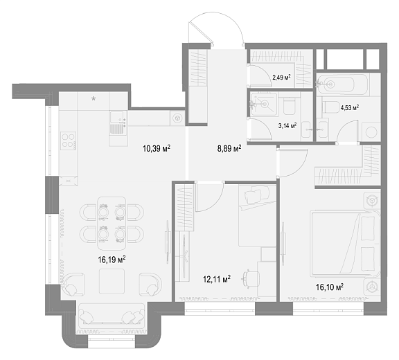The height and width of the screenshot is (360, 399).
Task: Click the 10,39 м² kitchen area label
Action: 157,148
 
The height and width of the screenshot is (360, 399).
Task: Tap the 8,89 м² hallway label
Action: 229,148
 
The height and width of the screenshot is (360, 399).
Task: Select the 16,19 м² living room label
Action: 112,260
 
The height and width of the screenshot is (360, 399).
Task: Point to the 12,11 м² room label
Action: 217,279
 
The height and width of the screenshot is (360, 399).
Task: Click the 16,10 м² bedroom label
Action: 330,287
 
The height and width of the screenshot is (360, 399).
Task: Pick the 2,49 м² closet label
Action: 282,78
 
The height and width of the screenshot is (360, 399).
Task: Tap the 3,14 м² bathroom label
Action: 287,125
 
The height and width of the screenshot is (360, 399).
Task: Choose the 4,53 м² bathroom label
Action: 350,108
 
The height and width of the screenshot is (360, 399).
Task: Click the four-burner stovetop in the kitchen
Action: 69,141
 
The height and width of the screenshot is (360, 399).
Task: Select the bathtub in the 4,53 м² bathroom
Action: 342,84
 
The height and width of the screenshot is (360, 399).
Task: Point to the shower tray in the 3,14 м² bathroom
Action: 264,105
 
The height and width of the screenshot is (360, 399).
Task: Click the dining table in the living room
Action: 112,224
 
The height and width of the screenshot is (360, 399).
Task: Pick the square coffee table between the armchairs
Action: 112,281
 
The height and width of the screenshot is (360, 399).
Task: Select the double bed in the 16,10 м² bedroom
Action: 345,244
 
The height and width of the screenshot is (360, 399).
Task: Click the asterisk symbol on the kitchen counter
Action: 94,98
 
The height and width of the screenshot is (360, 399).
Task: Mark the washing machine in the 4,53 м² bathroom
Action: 371,132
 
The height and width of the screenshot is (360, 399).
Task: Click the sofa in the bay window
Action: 112,316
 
